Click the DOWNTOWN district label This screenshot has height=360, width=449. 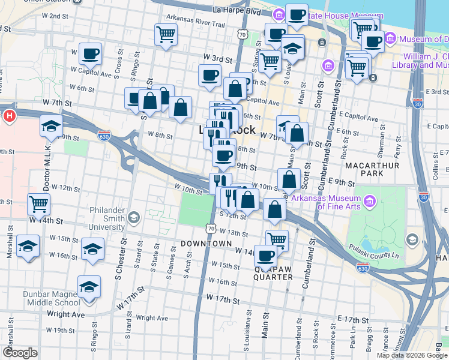click(x=206, y=244)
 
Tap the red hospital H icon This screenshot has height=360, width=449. click(x=9, y=115)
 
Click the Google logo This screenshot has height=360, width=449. click(x=20, y=353)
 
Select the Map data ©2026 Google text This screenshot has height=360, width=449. click(x=411, y=355)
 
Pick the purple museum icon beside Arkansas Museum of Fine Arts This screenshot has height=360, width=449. click(x=369, y=200)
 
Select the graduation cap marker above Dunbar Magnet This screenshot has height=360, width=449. click(x=89, y=287)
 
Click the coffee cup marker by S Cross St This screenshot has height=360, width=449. click(x=90, y=53)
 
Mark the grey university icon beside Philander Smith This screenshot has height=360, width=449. click(x=134, y=217)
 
